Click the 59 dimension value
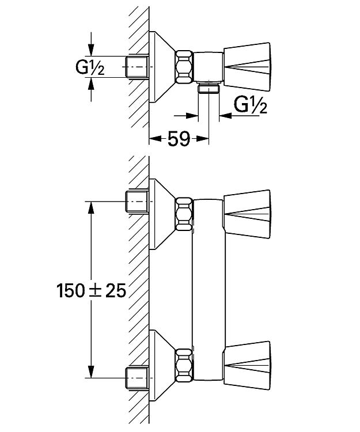pyautogui.click(x=179, y=139)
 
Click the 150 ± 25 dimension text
pyautogui.click(x=92, y=290)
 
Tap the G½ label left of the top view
pyautogui.click(x=90, y=67)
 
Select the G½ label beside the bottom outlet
pyautogui.click(x=251, y=105)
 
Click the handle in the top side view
pyautogui.click(x=247, y=67)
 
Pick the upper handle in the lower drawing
pyautogui.click(x=247, y=214)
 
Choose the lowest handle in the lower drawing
pyautogui.click(x=247, y=366)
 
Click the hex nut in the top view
pyautogui.click(x=184, y=67)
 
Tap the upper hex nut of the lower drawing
pyautogui.click(x=184, y=214)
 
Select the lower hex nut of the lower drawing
pyautogui.click(x=184, y=366)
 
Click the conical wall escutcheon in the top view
pyautogui.click(x=162, y=67)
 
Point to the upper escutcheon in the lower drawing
pyautogui.click(x=162, y=214)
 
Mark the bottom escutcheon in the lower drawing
pyautogui.click(x=162, y=366)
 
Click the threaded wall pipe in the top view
pyautogui.click(x=137, y=67)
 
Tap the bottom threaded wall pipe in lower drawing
pyautogui.click(x=137, y=378)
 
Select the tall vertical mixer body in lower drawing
pyautogui.click(x=208, y=290)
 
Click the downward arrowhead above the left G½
pyautogui.click(x=91, y=50)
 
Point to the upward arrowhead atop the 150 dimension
pyautogui.click(x=91, y=208)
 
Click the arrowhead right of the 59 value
pyautogui.click(x=202, y=139)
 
